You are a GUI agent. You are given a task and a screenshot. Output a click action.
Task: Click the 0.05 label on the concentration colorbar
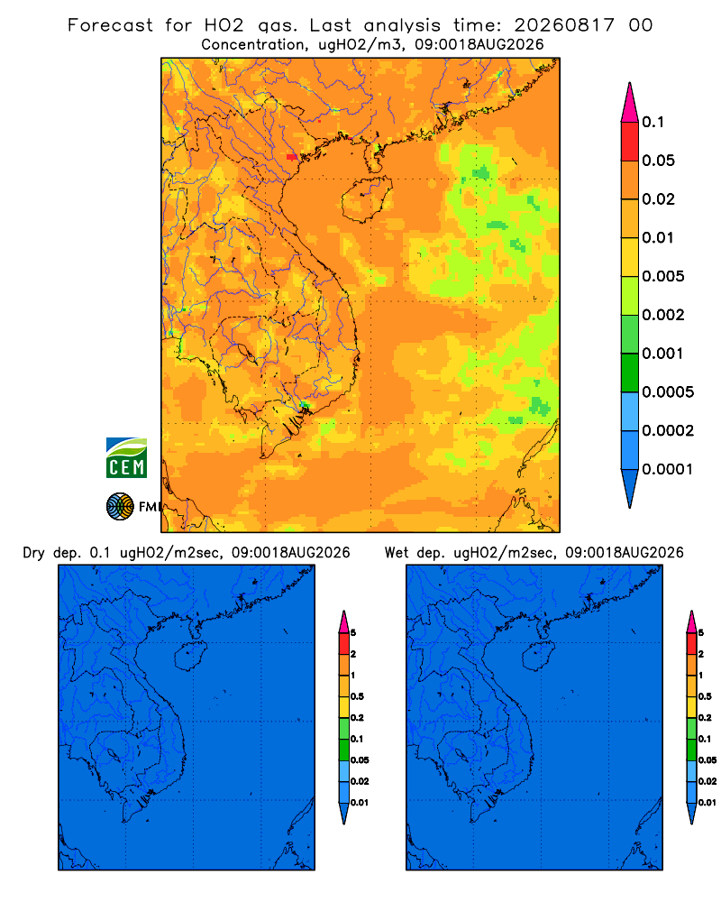click(x=658, y=161)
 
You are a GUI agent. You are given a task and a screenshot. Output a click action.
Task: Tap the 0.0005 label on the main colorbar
click(x=668, y=391)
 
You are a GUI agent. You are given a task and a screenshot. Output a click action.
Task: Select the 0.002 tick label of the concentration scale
click(x=663, y=315)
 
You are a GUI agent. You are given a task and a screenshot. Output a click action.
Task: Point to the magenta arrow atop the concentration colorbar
click(x=630, y=102)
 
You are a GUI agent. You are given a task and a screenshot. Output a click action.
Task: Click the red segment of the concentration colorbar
click(x=630, y=142)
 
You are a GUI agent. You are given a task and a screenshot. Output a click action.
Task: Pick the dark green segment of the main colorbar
click(x=630, y=373)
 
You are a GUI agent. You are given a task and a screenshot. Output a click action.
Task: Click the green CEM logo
click(x=126, y=458)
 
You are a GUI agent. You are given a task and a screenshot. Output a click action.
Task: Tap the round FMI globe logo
click(x=120, y=507)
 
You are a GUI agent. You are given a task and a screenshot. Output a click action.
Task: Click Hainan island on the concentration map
click(x=366, y=199)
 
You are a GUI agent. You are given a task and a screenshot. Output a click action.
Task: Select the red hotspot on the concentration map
click(x=292, y=156)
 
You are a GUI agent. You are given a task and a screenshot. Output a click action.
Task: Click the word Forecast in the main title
click(x=110, y=25)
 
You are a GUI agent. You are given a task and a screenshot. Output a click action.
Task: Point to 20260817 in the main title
click(x=564, y=25)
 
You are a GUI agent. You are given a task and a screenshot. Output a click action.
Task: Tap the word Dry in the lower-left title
click(x=34, y=553)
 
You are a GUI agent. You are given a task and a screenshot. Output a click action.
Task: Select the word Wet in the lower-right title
click(x=397, y=553)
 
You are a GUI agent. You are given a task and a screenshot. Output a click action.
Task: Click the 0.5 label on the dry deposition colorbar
click(x=357, y=696)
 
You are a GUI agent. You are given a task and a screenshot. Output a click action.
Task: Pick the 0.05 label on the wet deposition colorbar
click(x=707, y=759)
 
